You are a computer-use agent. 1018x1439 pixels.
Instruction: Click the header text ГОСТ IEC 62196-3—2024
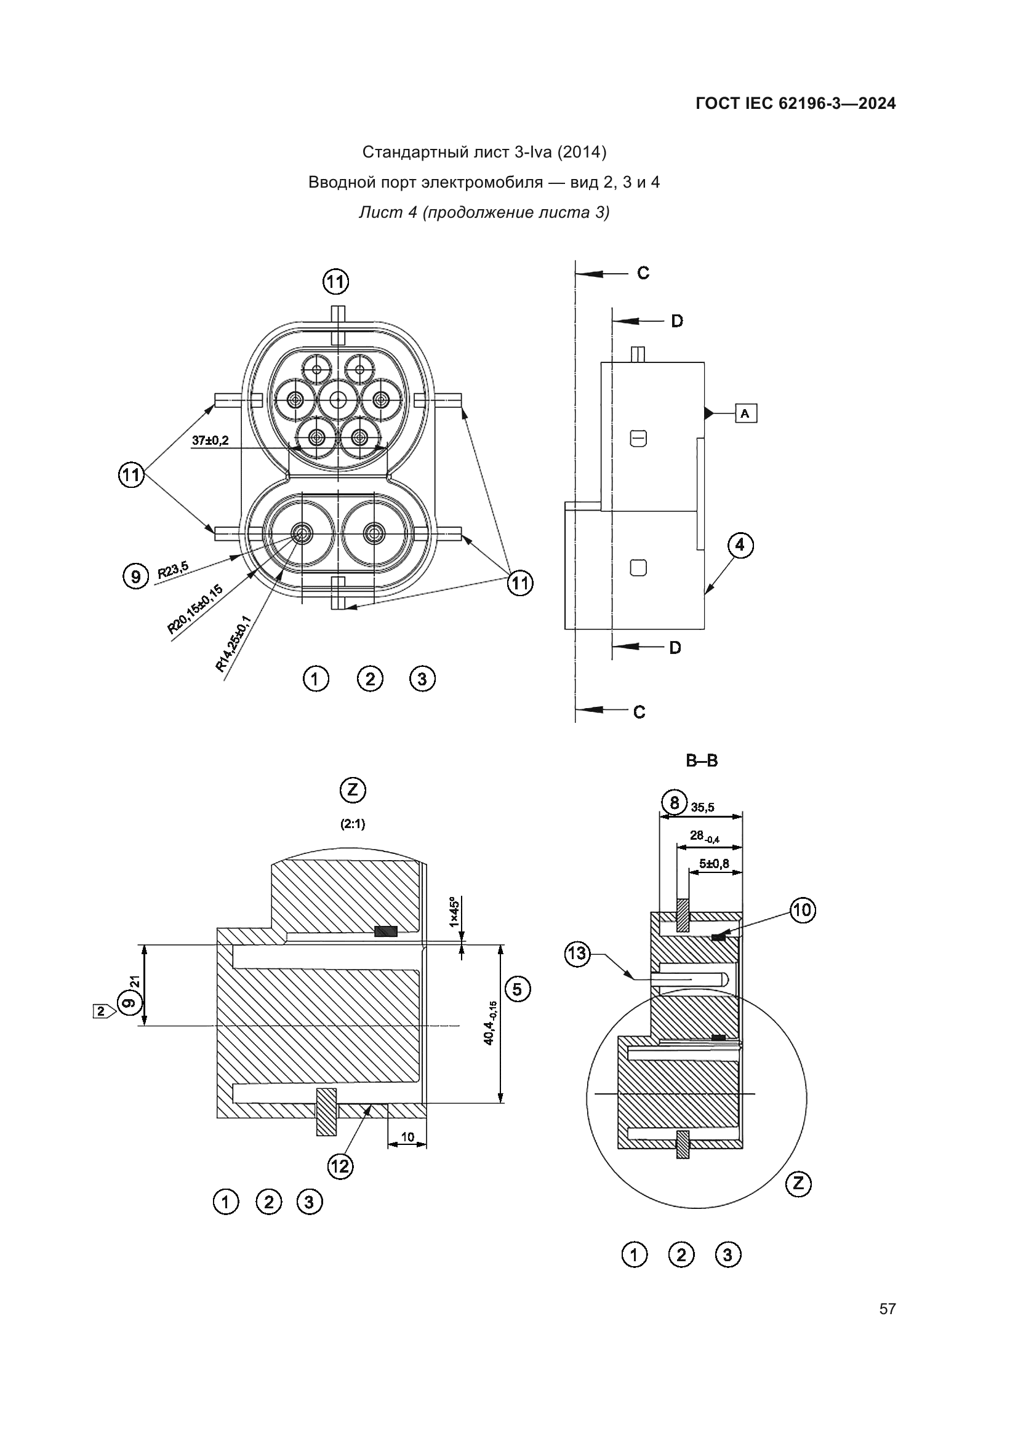[x=795, y=103]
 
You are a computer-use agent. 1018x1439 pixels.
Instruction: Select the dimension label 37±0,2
[x=210, y=440]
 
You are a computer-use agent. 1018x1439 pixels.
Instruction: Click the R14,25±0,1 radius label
[x=233, y=644]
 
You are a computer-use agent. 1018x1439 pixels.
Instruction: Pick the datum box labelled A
[x=745, y=413]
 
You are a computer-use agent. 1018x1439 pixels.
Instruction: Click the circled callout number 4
[x=740, y=544]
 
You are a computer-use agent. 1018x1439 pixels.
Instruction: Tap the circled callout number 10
[x=803, y=909]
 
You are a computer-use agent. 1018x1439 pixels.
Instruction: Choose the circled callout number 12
[x=340, y=1166]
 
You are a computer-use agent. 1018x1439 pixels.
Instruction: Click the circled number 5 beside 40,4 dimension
[x=518, y=989]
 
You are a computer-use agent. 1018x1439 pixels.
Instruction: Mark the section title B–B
[x=702, y=761]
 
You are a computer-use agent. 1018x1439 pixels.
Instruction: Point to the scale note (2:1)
[x=353, y=824]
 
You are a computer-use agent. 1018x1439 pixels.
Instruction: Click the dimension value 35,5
[x=703, y=808]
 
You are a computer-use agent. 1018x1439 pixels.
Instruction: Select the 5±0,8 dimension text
[x=714, y=864]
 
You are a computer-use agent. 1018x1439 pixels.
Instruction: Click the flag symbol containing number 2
[x=102, y=1011]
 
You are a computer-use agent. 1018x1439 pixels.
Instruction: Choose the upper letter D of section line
[x=677, y=322]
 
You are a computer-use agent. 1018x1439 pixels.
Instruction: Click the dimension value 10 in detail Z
[x=407, y=1137]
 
